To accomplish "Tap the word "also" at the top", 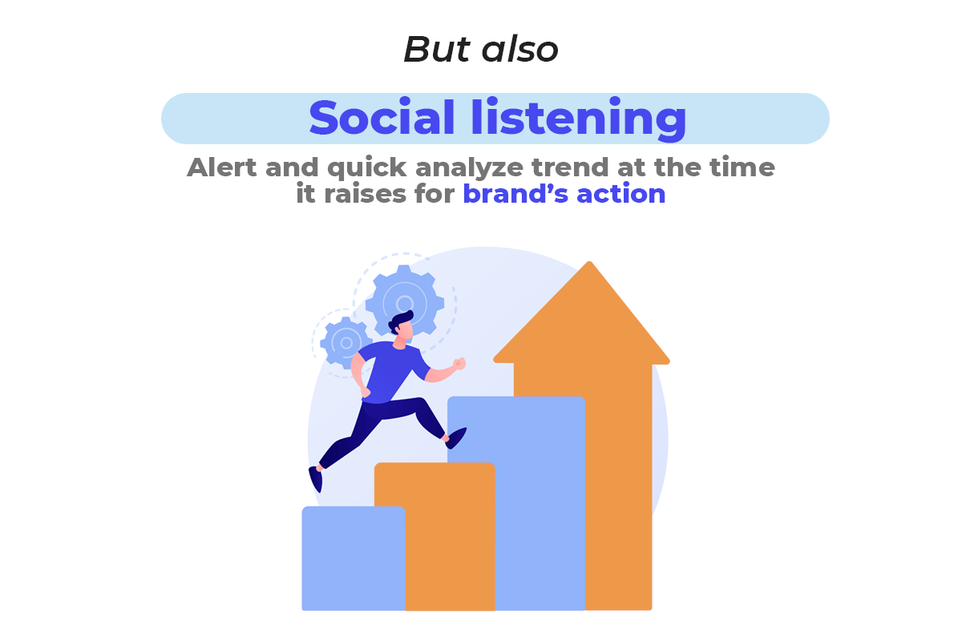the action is [x=520, y=49].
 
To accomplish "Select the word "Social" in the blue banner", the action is [x=382, y=117].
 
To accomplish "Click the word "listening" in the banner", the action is [x=578, y=119].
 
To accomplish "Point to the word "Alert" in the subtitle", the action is [x=221, y=167].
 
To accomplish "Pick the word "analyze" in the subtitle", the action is [x=469, y=168].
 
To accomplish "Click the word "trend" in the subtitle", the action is [x=570, y=167].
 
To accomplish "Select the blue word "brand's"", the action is [x=515, y=194].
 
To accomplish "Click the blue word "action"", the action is [x=620, y=194].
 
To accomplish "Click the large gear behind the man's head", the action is [x=404, y=300].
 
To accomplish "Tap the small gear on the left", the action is [x=346, y=343].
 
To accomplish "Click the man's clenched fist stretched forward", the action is [x=459, y=364].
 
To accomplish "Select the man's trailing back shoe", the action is [x=316, y=478].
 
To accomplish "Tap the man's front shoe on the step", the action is [x=456, y=438].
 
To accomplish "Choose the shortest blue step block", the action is [x=354, y=558].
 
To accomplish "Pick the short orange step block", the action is [x=435, y=537].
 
